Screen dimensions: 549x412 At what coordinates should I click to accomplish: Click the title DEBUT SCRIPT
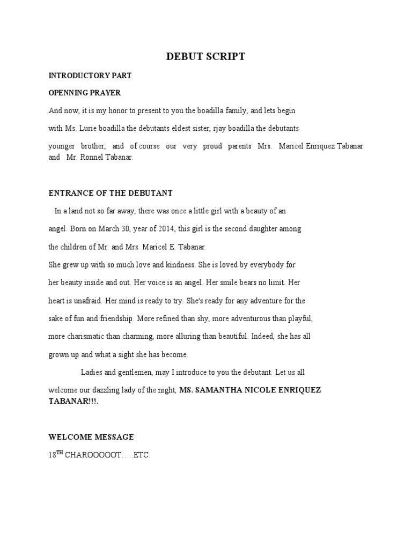coord(205,56)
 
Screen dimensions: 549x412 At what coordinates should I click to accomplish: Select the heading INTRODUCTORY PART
coord(90,76)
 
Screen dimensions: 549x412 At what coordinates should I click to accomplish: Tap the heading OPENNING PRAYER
coord(85,93)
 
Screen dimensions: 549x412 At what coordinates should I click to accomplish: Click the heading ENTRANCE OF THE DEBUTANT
coord(111,193)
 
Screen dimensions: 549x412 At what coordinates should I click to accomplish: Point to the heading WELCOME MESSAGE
coord(91,437)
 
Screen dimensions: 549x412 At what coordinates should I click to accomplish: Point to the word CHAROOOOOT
coord(93,456)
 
